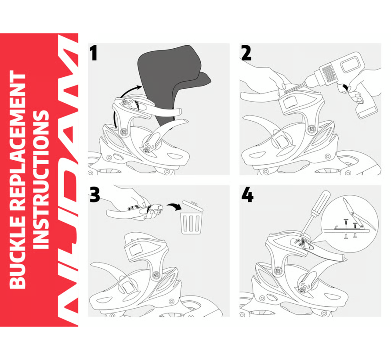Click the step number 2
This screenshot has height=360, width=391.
pos(246,54)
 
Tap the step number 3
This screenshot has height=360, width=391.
pos(95,195)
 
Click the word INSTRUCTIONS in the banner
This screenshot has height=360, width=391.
pos(41,180)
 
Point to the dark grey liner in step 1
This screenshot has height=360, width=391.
pos(172,80)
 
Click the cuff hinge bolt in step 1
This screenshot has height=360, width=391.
pos(123,132)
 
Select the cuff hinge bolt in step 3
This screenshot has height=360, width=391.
pos(156,275)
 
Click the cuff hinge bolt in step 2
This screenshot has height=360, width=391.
pos(311,129)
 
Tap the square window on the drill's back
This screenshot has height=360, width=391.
pos(351,63)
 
